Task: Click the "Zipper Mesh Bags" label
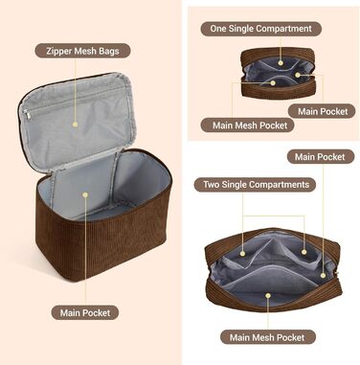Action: (x=82, y=51)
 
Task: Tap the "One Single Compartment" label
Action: (x=260, y=29)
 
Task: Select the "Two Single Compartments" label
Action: (x=256, y=185)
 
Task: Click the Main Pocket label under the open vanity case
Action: (x=85, y=312)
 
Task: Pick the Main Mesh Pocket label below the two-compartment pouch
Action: (x=267, y=337)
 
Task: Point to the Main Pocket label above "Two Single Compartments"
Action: (x=321, y=157)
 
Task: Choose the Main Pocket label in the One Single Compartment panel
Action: (x=322, y=111)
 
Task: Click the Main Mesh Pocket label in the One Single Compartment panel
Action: (x=250, y=125)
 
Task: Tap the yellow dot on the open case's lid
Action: (x=76, y=125)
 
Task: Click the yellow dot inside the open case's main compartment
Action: (x=85, y=194)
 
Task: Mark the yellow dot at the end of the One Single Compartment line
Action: (x=281, y=63)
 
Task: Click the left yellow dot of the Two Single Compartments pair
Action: (x=242, y=254)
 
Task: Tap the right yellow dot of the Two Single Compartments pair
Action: (x=304, y=252)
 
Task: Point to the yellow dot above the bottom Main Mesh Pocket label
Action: (x=268, y=296)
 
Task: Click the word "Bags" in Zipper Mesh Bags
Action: (x=109, y=51)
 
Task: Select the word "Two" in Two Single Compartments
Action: (x=211, y=185)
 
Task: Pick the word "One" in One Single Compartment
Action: (x=217, y=29)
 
